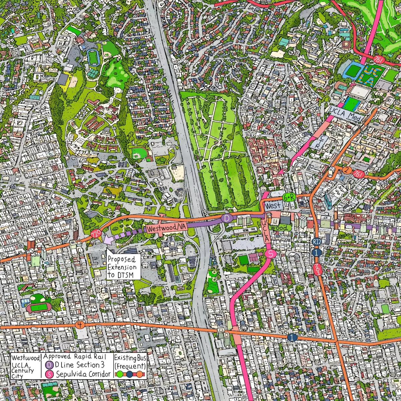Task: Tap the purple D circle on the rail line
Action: (x=227, y=219)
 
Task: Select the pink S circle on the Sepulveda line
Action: (x=271, y=254)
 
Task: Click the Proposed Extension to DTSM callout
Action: (x=122, y=267)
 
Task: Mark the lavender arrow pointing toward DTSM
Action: (x=109, y=240)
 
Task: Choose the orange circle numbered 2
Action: (x=347, y=171)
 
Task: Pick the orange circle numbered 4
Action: (x=80, y=325)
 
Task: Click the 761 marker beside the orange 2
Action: (x=359, y=174)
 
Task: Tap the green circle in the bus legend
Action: (x=119, y=374)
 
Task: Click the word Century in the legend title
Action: (x=22, y=370)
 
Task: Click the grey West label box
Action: (x=273, y=206)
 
